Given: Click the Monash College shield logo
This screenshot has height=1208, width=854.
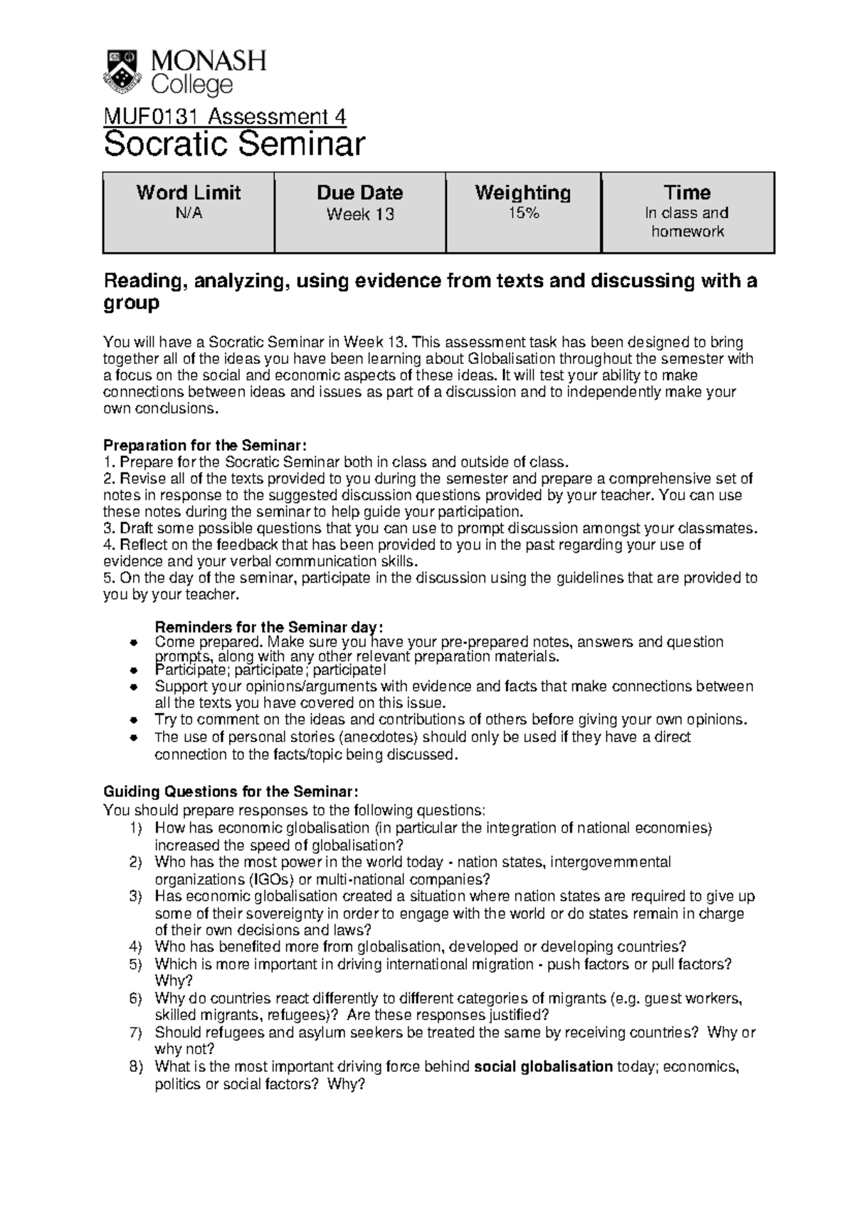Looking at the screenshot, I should coord(123,71).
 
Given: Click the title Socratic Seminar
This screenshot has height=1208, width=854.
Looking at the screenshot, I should coord(234,145).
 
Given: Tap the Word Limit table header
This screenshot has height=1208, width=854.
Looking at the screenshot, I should coord(189,192).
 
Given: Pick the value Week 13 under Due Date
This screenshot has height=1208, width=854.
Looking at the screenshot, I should coord(359,214).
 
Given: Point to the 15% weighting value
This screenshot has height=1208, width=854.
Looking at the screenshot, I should coord(523,212).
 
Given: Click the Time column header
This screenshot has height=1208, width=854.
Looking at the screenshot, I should coord(687,192).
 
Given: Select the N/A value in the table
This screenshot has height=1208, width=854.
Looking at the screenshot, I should coord(189,213).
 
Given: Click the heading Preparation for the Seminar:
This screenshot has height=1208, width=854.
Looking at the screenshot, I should coord(205,445).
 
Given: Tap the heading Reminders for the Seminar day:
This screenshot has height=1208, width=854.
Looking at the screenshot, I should coord(269,627).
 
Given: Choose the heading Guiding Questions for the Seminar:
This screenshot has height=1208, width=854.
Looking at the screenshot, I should coord(226,791).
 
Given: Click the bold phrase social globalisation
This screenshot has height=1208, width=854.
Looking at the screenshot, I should coord(543,1066).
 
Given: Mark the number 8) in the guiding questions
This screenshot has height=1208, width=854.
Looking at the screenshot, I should coord(136,1066).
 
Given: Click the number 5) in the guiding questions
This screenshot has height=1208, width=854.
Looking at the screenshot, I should coord(136,964).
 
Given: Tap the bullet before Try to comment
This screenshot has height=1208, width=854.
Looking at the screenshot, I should coord(132,720).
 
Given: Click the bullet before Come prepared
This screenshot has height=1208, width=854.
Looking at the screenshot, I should coord(132,642).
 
